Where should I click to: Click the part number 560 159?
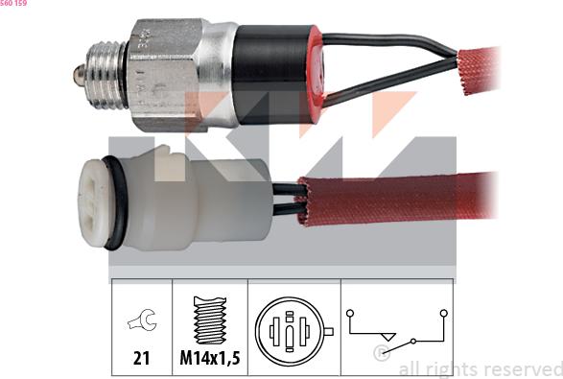[13, 4]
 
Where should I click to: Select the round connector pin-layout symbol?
[289, 331]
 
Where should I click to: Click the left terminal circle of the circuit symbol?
[351, 313]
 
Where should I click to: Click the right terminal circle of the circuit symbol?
[444, 313]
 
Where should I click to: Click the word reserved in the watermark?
[519, 368]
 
